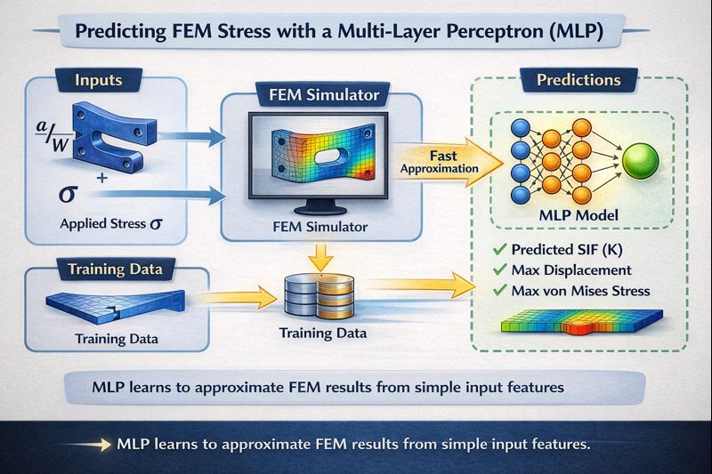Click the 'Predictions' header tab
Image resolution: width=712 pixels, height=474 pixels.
click(x=578, y=80)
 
